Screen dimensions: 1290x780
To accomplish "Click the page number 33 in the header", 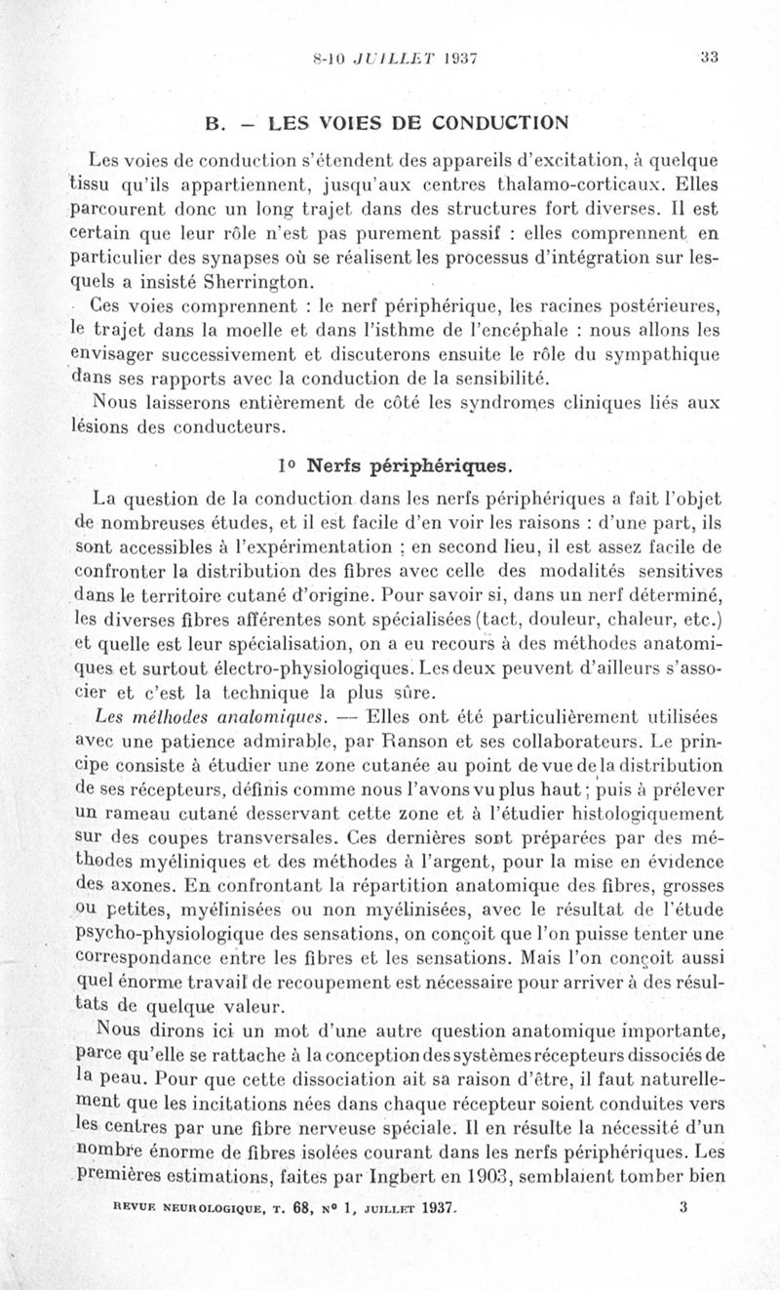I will click(708, 57).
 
